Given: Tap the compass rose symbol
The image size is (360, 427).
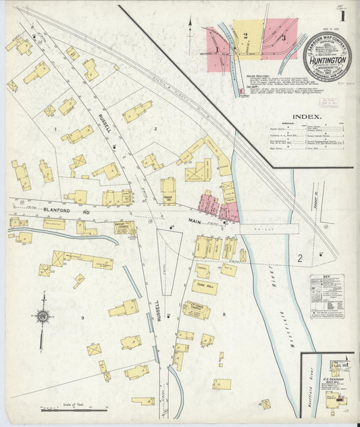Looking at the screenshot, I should coord(43,316).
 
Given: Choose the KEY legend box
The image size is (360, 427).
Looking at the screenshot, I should coord(326,296).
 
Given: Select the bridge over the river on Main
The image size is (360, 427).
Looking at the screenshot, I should coord(269,228).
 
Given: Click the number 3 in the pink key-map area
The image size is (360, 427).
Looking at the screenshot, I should coord(284,38).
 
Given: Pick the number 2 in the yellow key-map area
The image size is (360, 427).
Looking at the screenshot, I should coord(246,34).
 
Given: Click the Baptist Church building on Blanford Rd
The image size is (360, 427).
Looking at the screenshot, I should coord(124,228).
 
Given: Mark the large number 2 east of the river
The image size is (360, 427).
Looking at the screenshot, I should coord(299,257).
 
